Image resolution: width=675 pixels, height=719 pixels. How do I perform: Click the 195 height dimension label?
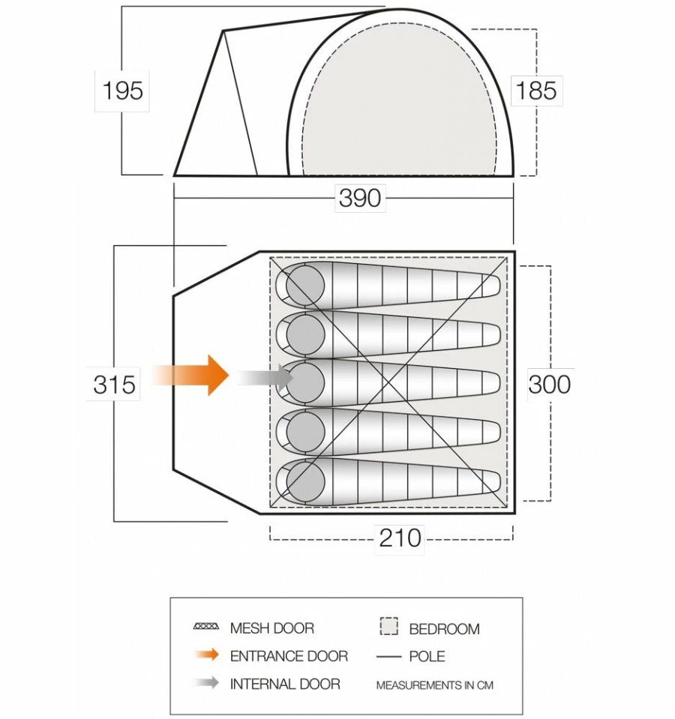click(x=122, y=90)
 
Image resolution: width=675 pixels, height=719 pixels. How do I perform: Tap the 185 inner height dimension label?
click(x=536, y=90)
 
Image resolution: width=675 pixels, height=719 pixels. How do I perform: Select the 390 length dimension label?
click(x=360, y=198)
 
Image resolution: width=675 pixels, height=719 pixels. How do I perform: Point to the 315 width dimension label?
click(x=114, y=385)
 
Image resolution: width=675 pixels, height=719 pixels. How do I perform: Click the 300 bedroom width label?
click(x=549, y=385)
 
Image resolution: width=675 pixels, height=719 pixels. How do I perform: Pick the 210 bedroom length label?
click(x=400, y=538)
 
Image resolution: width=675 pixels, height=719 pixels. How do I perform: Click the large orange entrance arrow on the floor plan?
click(x=190, y=375)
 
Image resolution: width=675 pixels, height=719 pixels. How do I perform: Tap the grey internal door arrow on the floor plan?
click(x=265, y=378)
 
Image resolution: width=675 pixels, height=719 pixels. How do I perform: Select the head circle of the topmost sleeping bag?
click(x=305, y=285)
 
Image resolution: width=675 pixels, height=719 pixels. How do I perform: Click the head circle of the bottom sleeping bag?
click(x=305, y=481)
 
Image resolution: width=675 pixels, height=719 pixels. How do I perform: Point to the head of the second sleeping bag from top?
click(x=305, y=334)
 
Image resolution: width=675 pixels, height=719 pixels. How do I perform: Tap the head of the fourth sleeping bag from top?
click(x=305, y=432)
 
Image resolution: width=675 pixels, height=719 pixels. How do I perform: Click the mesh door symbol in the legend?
click(x=206, y=626)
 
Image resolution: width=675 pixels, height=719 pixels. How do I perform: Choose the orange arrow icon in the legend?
click(x=206, y=655)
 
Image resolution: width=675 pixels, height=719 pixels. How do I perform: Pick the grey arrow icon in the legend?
click(x=206, y=682)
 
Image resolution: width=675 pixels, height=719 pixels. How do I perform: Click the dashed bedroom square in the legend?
click(x=388, y=626)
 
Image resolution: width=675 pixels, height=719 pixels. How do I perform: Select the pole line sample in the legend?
click(x=388, y=657)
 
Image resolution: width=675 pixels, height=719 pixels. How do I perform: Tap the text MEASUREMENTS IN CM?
click(x=435, y=685)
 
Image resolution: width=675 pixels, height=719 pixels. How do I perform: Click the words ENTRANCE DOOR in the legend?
click(x=289, y=656)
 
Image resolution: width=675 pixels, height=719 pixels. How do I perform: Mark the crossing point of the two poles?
click(x=388, y=382)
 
